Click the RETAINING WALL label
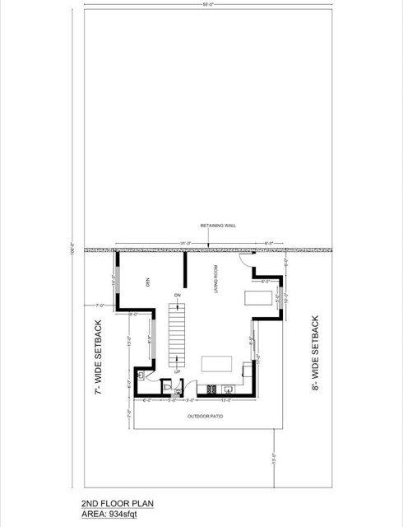tap(209, 225)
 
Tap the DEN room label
tap(149, 282)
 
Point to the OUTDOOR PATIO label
tap(205, 417)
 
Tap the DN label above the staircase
tap(177, 295)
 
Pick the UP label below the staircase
tap(177, 371)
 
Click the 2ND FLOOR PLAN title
tap(117, 503)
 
